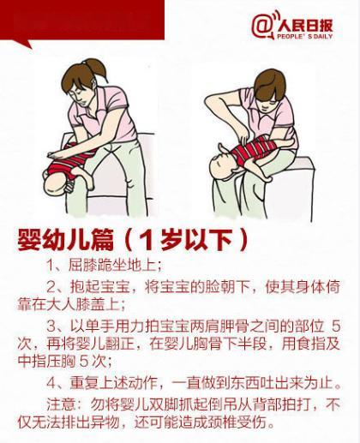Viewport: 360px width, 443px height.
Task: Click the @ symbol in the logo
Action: pos(261,27)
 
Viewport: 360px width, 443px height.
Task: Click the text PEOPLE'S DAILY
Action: pos(305,36)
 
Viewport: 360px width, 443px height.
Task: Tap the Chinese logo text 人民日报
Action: pos(305,26)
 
